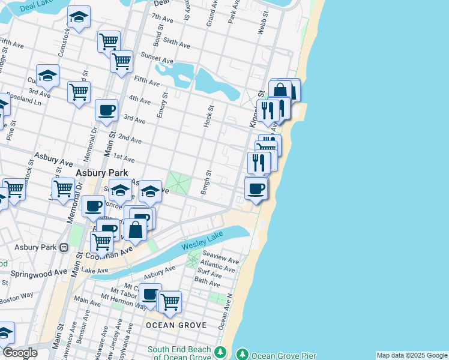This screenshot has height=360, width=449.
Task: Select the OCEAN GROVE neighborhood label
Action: click(176, 325)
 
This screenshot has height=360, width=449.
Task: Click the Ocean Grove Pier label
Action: click(283, 355)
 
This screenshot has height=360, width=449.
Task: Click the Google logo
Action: click(19, 353)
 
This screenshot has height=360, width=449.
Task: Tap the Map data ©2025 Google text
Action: click(412, 355)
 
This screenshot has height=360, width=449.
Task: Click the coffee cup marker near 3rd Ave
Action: click(106, 110)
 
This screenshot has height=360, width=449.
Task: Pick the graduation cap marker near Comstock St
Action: click(78, 18)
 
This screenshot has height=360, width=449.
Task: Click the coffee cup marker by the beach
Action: click(256, 188)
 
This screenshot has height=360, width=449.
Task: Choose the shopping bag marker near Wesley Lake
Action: click(136, 229)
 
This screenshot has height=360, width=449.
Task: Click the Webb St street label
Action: click(261, 23)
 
